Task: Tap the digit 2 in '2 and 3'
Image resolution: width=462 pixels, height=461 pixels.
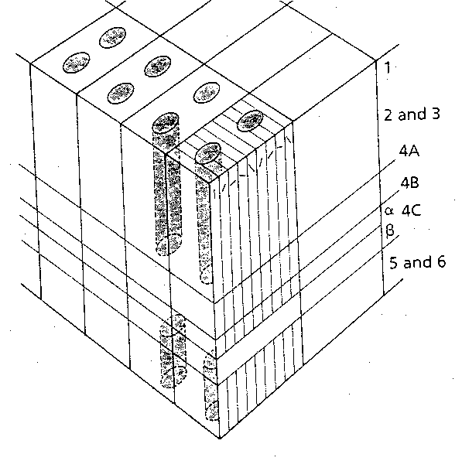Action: click(388, 114)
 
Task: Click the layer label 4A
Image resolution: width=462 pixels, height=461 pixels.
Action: click(410, 153)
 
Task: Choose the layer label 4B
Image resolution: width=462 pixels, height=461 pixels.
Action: click(410, 183)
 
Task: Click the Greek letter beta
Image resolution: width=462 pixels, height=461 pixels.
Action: click(390, 230)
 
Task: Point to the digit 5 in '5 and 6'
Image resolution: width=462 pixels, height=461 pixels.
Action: click(394, 261)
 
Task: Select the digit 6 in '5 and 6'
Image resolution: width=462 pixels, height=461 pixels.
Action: click(440, 261)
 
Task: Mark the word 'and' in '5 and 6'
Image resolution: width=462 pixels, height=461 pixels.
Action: click(417, 261)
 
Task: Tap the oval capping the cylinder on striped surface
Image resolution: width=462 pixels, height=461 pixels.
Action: click(207, 153)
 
